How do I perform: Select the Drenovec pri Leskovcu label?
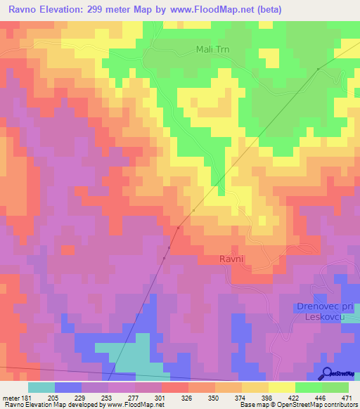326,312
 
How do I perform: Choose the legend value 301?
161,397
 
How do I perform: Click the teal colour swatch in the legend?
41,387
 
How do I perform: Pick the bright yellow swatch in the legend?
281,387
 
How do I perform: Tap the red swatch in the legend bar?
174,387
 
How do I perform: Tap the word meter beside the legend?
8,397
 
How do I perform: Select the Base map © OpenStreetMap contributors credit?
297,405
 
